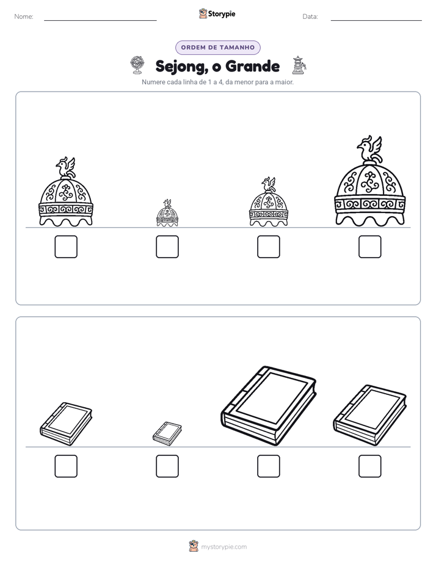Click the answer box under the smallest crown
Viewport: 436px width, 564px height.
(x=167, y=247)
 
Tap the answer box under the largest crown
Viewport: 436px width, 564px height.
(x=370, y=247)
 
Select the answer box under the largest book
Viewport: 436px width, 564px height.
(x=269, y=466)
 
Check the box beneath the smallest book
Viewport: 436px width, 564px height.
(x=167, y=466)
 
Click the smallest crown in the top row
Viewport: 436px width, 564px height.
(x=167, y=213)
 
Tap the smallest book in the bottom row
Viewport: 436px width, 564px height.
(x=167, y=434)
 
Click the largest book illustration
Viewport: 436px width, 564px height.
(x=269, y=406)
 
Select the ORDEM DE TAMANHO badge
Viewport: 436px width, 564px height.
(x=218, y=48)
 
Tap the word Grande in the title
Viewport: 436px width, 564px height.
(x=253, y=66)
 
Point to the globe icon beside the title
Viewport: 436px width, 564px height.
(x=137, y=65)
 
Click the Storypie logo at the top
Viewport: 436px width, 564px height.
(x=217, y=13)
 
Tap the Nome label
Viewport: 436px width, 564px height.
(x=24, y=16)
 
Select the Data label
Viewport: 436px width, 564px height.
(x=310, y=16)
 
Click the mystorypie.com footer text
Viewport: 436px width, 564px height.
(x=223, y=547)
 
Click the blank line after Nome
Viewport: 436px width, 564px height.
(x=100, y=21)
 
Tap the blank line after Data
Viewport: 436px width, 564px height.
(x=376, y=21)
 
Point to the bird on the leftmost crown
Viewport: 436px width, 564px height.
(x=66, y=168)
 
